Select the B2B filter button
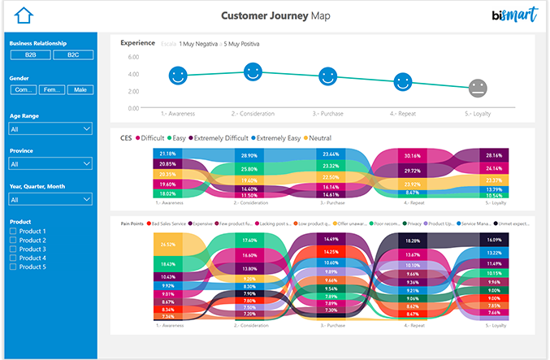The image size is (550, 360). [x=31, y=54]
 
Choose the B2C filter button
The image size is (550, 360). [x=73, y=54]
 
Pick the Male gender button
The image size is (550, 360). [x=80, y=89]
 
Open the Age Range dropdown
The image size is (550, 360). [x=50, y=128]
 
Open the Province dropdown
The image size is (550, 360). [x=50, y=163]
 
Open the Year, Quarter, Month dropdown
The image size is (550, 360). [x=50, y=198]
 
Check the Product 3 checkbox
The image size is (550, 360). [x=13, y=249]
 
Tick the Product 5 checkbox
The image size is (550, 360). [x=13, y=267]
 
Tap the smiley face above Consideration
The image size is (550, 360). [x=253, y=72]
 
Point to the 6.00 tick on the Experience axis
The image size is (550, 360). [x=133, y=58]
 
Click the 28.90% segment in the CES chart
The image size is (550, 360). [x=249, y=155]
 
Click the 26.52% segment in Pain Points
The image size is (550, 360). [x=168, y=244]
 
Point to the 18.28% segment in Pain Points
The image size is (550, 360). [x=413, y=241]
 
